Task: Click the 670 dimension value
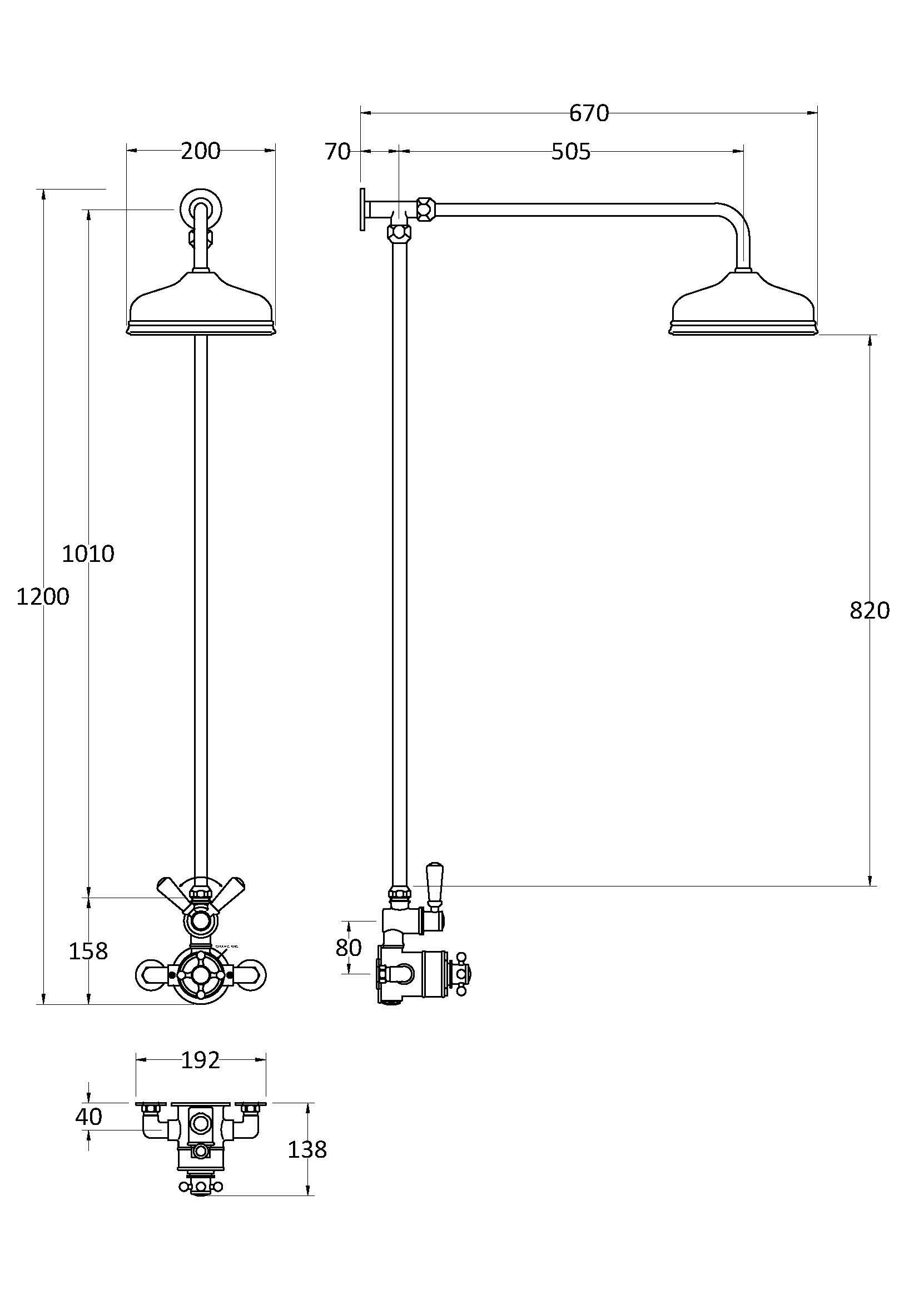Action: (x=589, y=114)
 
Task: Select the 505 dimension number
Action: (x=571, y=152)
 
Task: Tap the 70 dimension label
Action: (x=337, y=152)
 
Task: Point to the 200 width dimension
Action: (x=201, y=151)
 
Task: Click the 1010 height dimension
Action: (x=88, y=554)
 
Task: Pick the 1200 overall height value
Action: (x=42, y=597)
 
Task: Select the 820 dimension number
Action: (x=870, y=610)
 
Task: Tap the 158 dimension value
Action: (x=88, y=951)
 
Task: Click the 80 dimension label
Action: (x=348, y=948)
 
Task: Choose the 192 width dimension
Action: (x=201, y=1060)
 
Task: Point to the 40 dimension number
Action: (x=89, y=1117)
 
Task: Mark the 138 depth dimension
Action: (x=307, y=1150)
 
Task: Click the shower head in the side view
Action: (x=743, y=308)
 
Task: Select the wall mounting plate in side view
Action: (x=361, y=209)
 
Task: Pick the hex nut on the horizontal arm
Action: (x=425, y=208)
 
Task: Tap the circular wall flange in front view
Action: (x=201, y=208)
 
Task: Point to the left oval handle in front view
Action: (x=153, y=974)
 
